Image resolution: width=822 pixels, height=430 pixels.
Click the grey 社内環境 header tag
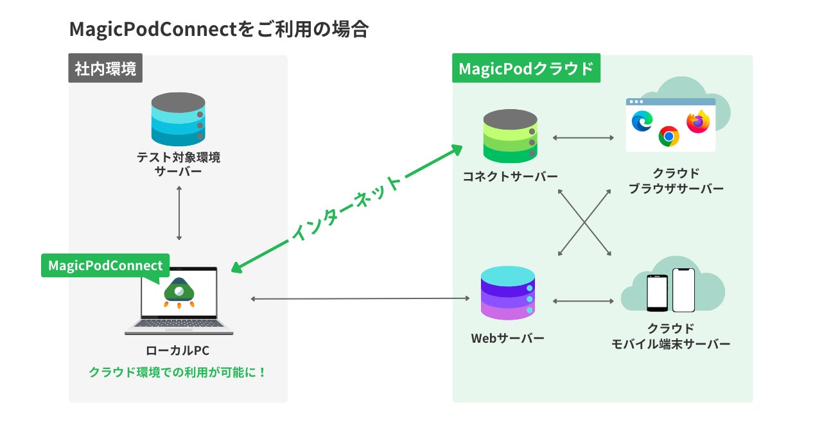pyautogui.click(x=105, y=68)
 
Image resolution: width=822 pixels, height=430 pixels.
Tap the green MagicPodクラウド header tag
pyautogui.click(x=526, y=68)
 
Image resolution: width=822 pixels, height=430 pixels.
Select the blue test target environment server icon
pyautogui.click(x=179, y=119)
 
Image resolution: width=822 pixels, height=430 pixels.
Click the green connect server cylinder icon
pyautogui.click(x=510, y=136)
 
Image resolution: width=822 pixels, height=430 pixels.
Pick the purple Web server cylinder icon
pyautogui.click(x=508, y=293)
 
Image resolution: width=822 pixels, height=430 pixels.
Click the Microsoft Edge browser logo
pyautogui.click(x=642, y=121)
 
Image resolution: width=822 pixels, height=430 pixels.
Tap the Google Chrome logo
pyautogui.click(x=669, y=137)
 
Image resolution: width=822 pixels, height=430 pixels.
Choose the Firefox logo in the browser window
pyautogui.click(x=698, y=122)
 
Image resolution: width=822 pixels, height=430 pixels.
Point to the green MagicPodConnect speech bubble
pyautogui.click(x=105, y=265)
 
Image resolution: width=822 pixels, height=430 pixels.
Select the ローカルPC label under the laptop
pyautogui.click(x=178, y=350)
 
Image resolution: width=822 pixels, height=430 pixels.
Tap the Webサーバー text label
pyautogui.click(x=507, y=338)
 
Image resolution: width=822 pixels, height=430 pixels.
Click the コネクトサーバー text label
pyautogui.click(x=510, y=176)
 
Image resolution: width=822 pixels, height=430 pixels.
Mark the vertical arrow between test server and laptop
pyautogui.click(x=179, y=213)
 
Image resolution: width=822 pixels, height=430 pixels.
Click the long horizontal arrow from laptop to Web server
pyautogui.click(x=360, y=298)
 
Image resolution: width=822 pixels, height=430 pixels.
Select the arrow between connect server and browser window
pyautogui.click(x=583, y=137)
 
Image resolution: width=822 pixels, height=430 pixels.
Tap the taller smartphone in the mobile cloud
pyautogui.click(x=684, y=290)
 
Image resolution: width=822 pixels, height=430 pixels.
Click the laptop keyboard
pyautogui.click(x=179, y=323)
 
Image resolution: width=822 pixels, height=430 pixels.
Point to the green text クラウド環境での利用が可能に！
pyautogui.click(x=178, y=372)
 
